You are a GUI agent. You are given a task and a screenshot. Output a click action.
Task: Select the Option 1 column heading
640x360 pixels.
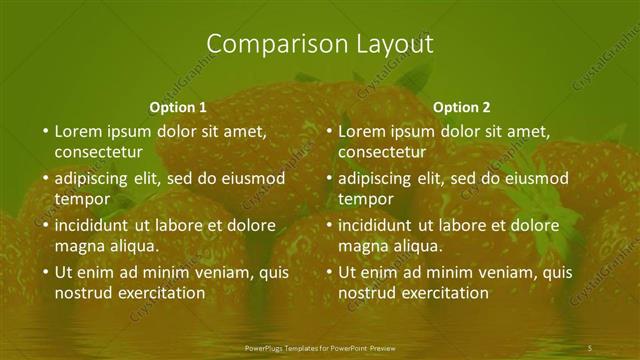tap(178, 107)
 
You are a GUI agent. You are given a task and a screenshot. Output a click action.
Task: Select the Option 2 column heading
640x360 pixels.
tap(462, 107)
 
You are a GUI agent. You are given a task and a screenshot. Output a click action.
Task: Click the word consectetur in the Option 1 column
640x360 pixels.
tap(99, 152)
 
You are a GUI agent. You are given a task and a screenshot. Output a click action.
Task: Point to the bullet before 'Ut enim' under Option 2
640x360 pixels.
tap(329, 272)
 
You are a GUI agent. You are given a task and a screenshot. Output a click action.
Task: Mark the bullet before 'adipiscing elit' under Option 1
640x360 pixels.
tap(45, 179)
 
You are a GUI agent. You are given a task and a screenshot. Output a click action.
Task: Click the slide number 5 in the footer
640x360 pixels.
tap(590, 347)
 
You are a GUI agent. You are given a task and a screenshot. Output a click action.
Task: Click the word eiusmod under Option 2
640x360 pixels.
tap(540, 179)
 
